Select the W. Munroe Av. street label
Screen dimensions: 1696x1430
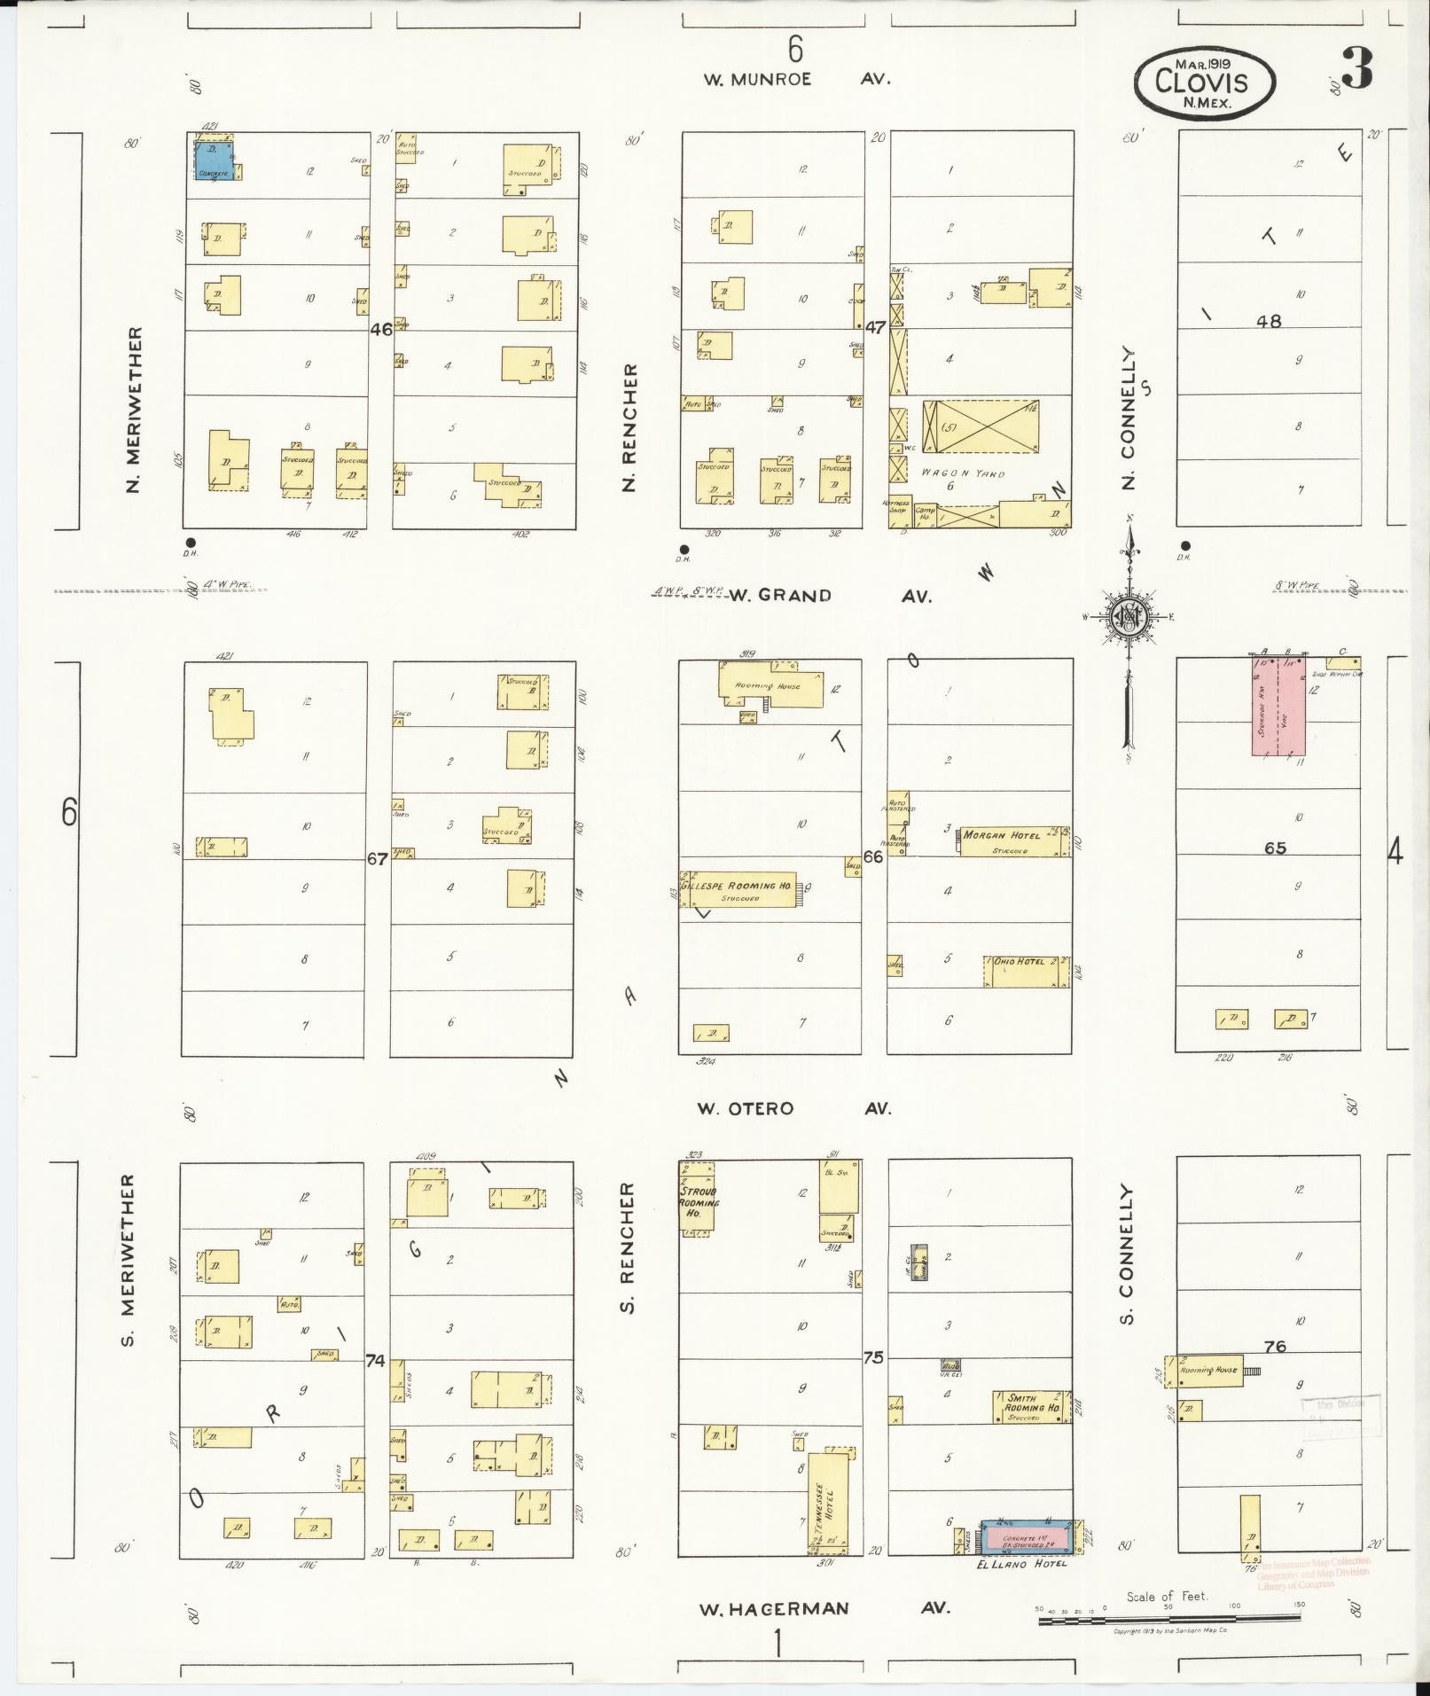[796, 79]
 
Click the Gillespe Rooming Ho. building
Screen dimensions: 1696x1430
[738, 890]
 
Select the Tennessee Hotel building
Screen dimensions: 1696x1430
[831, 1501]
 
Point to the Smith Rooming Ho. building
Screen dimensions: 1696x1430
[1030, 1406]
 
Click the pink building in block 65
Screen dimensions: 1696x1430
[1278, 706]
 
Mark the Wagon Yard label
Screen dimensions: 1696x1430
[962, 473]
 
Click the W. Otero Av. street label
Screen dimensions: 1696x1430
[793, 1108]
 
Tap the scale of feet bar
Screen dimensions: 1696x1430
[1168, 1620]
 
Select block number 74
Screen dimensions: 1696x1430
[376, 1361]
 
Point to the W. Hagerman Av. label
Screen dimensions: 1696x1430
[824, 1608]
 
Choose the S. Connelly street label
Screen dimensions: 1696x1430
[1127, 1254]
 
